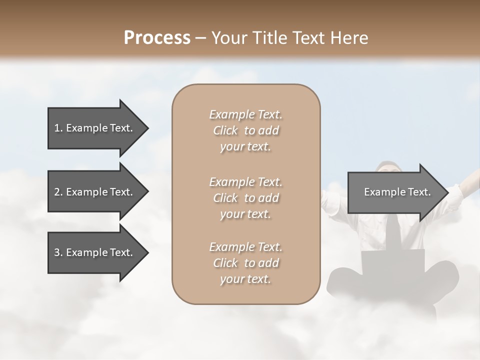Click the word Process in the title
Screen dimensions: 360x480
[x=157, y=38]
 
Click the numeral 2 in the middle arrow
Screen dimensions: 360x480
[x=56, y=192]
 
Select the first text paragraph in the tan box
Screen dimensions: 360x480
[x=245, y=130]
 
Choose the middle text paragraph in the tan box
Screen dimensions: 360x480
[x=245, y=197]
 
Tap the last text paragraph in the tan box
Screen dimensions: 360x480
[x=245, y=263]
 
